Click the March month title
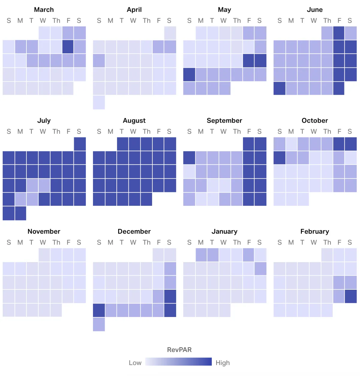coord(44,10)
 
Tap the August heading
coord(134,120)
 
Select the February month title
coord(315,231)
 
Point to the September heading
coord(224,120)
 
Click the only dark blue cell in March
coord(68,47)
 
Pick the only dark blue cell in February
coord(351,296)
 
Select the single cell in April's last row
coord(99,102)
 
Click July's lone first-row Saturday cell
coord(80,144)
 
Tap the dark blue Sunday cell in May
coord(189,75)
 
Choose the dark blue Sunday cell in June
coord(280,88)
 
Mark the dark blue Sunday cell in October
coord(280,158)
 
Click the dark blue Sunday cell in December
coord(99,310)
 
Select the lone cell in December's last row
coord(99,324)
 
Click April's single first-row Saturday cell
coord(170,33)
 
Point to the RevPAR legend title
coord(179,350)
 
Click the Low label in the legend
coord(135,363)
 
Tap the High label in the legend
coord(223,363)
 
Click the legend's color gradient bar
coord(178,362)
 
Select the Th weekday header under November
coord(56,242)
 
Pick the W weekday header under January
coord(223,242)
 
